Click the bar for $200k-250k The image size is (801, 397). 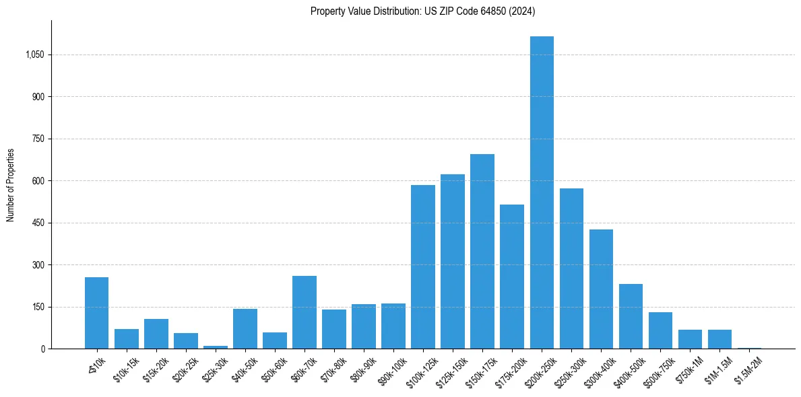pyautogui.click(x=542, y=192)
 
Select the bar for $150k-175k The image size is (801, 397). pyautogui.click(x=482, y=252)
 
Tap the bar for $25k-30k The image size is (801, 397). pyautogui.click(x=216, y=347)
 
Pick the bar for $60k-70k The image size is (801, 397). pyautogui.click(x=305, y=312)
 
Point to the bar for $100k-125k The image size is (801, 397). pyautogui.click(x=423, y=267)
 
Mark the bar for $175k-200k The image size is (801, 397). pyautogui.click(x=512, y=277)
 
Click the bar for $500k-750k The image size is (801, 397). pyautogui.click(x=660, y=330)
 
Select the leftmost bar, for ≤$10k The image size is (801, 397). pyautogui.click(x=97, y=313)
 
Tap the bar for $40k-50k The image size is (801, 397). pyautogui.click(x=245, y=329)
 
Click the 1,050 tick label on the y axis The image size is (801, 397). pyautogui.click(x=34, y=55)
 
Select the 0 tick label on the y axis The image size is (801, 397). pyautogui.click(x=43, y=349)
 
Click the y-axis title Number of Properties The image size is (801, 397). pyautogui.click(x=11, y=185)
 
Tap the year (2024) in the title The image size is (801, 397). pyautogui.click(x=522, y=11)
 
